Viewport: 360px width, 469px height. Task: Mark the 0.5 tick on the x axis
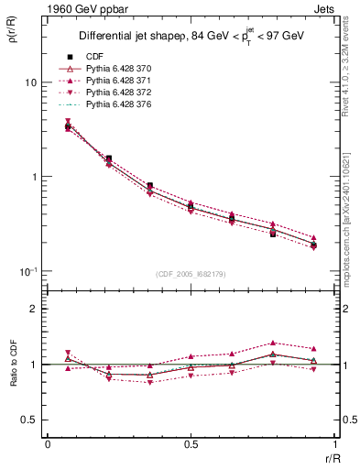pos(191,445)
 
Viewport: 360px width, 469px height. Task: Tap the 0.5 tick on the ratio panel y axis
pos(30,420)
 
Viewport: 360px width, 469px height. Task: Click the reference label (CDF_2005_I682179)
pos(191,274)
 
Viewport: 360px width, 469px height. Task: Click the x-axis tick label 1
pos(335,445)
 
